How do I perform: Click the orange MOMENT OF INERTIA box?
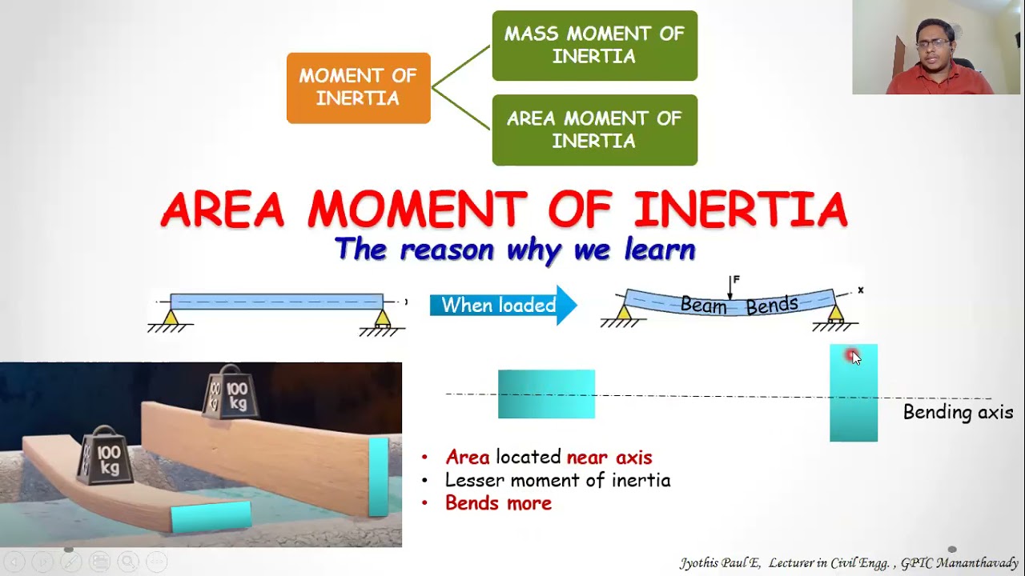click(x=358, y=88)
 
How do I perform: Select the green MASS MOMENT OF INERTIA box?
click(x=594, y=46)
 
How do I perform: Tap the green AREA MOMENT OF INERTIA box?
click(x=594, y=130)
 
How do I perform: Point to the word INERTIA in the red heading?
click(x=740, y=210)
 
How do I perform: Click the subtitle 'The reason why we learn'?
click(x=515, y=250)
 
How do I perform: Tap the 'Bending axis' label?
click(x=958, y=413)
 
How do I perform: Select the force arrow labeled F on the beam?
click(x=730, y=286)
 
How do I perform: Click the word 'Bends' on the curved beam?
click(x=772, y=305)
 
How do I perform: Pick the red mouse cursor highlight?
click(x=851, y=356)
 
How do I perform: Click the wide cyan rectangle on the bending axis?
click(x=546, y=394)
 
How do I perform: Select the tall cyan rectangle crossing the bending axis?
click(x=854, y=400)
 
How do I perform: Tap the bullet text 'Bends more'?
click(x=498, y=503)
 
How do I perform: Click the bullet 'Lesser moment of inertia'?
click(x=557, y=480)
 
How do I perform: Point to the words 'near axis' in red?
click(x=609, y=458)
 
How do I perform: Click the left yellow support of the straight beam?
click(x=170, y=318)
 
